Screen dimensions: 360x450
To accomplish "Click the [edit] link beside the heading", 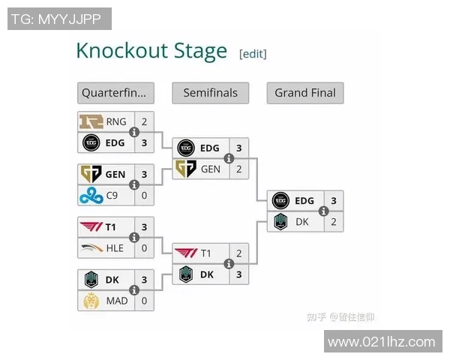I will click(253, 53).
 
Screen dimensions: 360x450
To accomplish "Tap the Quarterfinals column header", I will click(115, 93).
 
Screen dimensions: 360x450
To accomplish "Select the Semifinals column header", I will click(210, 93).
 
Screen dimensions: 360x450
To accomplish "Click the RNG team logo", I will click(91, 121).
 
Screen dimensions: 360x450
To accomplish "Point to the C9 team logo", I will click(91, 196).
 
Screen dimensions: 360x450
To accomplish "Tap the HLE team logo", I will click(91, 248).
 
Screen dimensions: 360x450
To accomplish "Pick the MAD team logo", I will click(91, 301).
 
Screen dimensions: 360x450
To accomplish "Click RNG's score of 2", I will click(144, 121).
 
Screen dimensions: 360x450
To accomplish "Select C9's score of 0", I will click(144, 196).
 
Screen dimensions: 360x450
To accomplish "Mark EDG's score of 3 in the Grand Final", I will click(333, 200).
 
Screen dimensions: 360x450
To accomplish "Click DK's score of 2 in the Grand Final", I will click(333, 222).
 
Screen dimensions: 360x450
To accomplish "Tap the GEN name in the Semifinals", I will click(211, 169).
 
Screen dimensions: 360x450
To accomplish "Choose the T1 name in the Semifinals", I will click(206, 253).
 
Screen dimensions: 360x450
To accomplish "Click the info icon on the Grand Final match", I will click(324, 211).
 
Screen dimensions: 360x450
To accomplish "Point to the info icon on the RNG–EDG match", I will click(135, 132).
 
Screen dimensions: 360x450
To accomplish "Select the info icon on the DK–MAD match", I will click(135, 290).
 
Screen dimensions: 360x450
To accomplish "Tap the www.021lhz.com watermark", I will click(382, 342).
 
